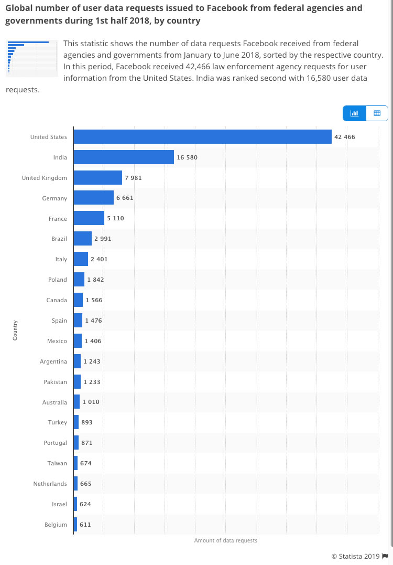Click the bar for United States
coord(202,137)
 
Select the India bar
coord(124,157)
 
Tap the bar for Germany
coord(94,198)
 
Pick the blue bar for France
coord(89,218)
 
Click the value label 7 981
coord(133,178)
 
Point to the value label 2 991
coord(103,239)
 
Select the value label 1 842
coord(95,280)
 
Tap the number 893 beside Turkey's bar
coord(87,422)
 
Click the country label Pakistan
coord(55,382)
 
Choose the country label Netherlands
coord(50,484)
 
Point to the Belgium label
coord(56,525)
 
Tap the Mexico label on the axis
coord(57,341)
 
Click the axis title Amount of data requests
coord(226,540)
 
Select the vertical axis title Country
coord(15,330)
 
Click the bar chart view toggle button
coord(354,113)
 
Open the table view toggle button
coord(377,113)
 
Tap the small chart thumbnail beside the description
coord(31,57)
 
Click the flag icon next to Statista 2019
coord(385,556)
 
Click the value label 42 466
coord(345,137)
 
